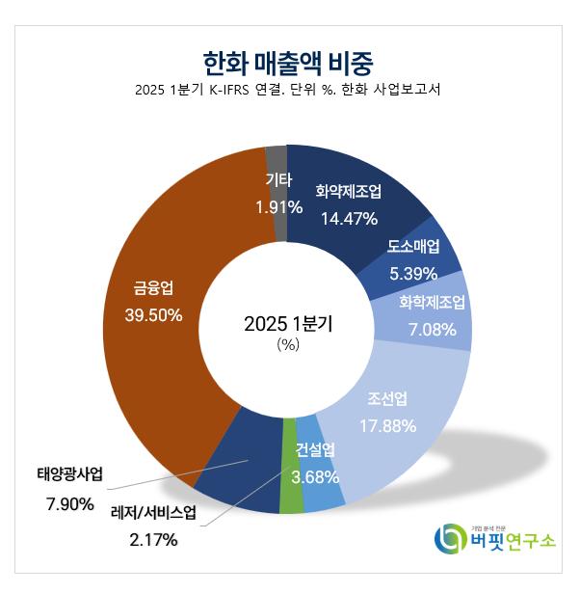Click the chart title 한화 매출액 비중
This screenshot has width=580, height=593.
289,62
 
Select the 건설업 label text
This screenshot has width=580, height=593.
314,448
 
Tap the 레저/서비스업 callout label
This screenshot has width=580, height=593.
153,512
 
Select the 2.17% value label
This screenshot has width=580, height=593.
153,540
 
